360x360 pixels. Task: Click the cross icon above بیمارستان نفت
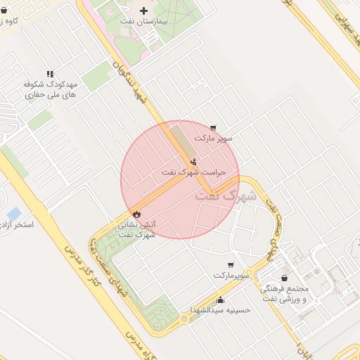(x=144, y=11)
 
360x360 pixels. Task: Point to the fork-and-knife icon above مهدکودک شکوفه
(x=49, y=73)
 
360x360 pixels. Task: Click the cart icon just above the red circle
(x=213, y=127)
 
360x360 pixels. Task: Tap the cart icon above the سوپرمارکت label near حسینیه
(x=231, y=265)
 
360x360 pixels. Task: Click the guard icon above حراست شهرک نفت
(x=194, y=161)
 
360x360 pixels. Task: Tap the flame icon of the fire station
(x=136, y=213)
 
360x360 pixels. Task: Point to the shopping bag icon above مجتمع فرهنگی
(x=284, y=278)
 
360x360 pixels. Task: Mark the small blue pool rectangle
(x=13, y=212)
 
